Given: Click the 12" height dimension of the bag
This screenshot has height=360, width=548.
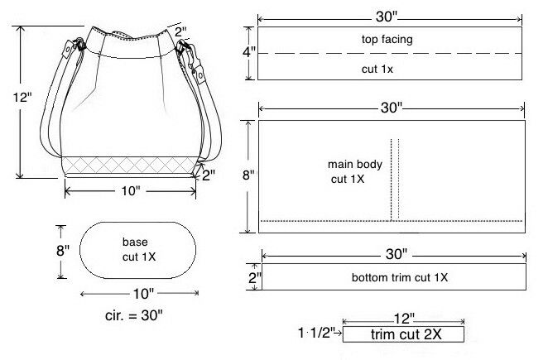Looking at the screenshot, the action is pyautogui.click(x=22, y=97).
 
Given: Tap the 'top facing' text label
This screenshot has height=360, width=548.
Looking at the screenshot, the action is pyautogui.click(x=387, y=39).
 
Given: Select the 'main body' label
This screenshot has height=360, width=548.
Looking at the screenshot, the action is pyautogui.click(x=355, y=164).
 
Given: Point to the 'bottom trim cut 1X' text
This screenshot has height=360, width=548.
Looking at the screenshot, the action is pyautogui.click(x=400, y=277).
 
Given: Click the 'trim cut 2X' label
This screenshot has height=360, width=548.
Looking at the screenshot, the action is pyautogui.click(x=406, y=334).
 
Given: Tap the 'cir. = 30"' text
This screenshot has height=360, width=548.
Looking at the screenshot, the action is pyautogui.click(x=134, y=315).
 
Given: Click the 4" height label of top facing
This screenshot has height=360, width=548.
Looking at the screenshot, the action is pyautogui.click(x=249, y=52).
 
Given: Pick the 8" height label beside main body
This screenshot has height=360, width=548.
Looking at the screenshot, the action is pyautogui.click(x=248, y=175).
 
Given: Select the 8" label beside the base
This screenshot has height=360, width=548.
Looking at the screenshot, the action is pyautogui.click(x=63, y=250).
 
